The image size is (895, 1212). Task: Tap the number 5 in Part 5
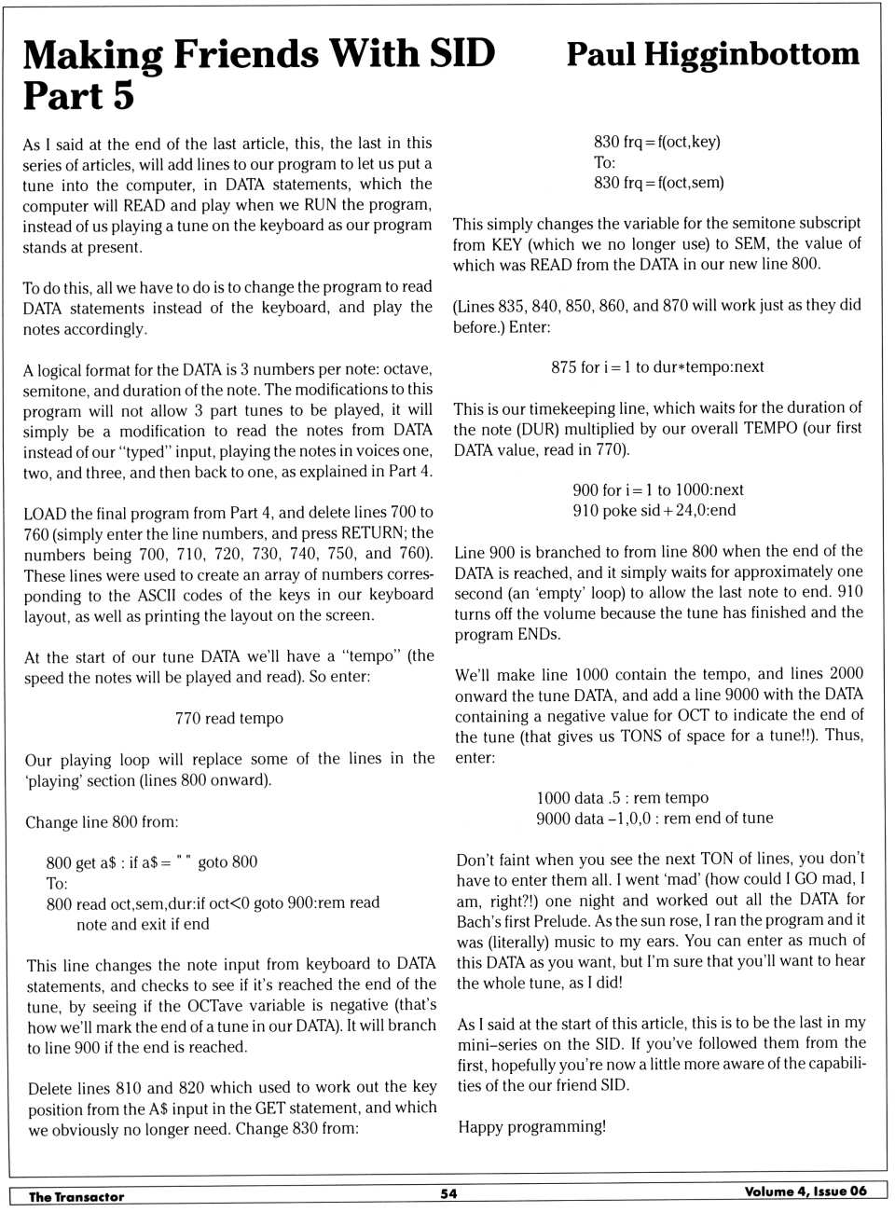click(x=123, y=96)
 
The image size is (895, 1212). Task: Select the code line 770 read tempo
click(x=228, y=718)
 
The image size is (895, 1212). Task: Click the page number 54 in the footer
click(x=448, y=1193)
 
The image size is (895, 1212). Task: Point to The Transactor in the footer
click(x=76, y=1196)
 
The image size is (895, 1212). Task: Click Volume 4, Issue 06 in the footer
click(x=805, y=1191)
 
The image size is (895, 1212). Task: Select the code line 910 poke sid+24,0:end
click(x=654, y=510)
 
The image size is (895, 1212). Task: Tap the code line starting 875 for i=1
click(x=657, y=366)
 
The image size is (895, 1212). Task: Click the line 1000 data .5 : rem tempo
click(x=622, y=797)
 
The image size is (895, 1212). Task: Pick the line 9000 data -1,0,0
click(x=654, y=818)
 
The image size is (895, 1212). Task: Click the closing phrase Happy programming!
click(x=531, y=1126)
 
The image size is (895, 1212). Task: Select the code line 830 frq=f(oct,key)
click(x=656, y=142)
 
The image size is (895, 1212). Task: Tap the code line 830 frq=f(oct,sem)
click(x=658, y=183)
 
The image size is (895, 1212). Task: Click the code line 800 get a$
click(x=151, y=861)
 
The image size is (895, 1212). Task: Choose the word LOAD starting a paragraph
click(x=45, y=513)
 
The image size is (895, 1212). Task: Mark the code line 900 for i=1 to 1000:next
click(x=657, y=489)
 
